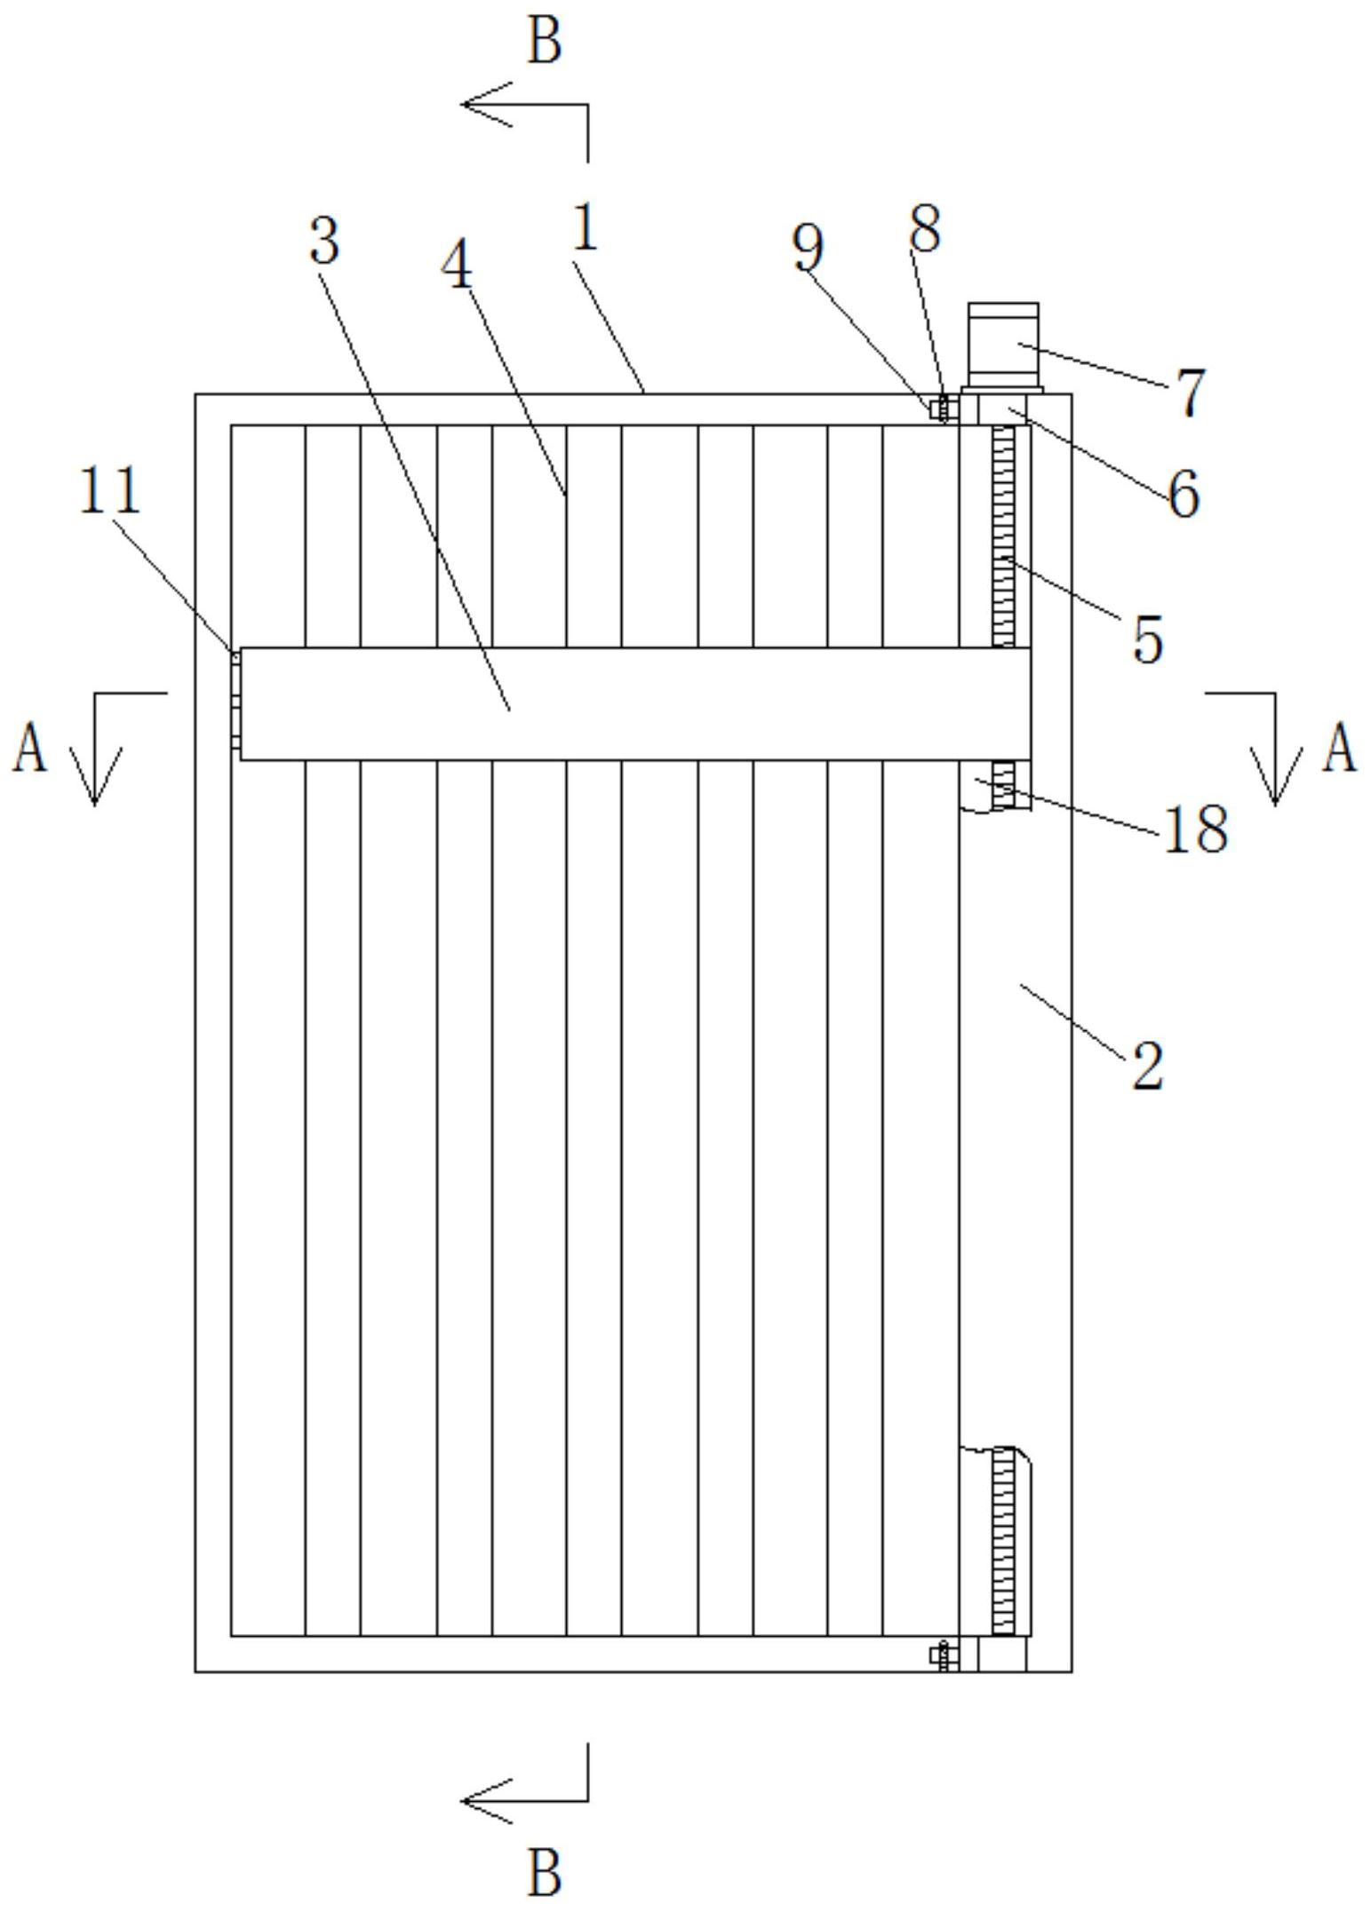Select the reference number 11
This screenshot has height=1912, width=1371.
pos(110,490)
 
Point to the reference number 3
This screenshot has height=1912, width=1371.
pos(324,240)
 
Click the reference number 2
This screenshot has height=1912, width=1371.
pos(1147,1065)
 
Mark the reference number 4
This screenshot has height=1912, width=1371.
pos(458,266)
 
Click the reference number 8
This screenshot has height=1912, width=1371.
pos(925,229)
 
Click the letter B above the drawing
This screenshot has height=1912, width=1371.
pos(545,42)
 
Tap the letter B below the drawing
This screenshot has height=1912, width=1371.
pos(545,1872)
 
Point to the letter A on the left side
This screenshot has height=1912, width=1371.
pos(29,749)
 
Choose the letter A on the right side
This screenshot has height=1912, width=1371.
pos(1341,749)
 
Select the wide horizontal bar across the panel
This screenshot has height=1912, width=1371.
pos(634,703)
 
